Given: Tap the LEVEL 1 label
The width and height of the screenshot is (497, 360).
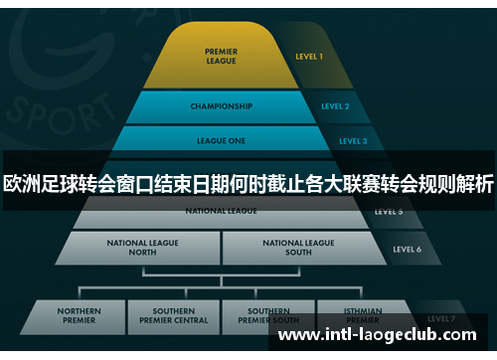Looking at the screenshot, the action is pos(309,57).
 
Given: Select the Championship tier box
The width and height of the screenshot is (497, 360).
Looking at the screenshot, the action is pos(221,106).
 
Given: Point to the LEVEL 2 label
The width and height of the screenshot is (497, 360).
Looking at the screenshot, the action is pos(335,106).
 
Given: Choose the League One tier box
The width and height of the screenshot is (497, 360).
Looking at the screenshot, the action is pos(221,141).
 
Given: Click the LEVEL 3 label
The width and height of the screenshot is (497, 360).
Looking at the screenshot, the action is pos(352,141).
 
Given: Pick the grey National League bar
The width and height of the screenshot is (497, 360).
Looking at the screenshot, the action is pos(221,212).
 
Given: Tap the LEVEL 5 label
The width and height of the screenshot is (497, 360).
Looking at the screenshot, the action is pos(388,212).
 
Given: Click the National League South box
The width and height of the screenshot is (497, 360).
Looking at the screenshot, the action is pos(298,248).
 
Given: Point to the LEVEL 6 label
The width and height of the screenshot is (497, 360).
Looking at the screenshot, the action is pos(408,249).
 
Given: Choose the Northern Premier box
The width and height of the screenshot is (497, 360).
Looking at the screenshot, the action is pos(79,316).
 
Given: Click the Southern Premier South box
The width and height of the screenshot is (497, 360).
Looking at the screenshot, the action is pos(270,316).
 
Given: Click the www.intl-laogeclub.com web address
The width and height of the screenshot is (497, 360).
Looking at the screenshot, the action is pos(384,335).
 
